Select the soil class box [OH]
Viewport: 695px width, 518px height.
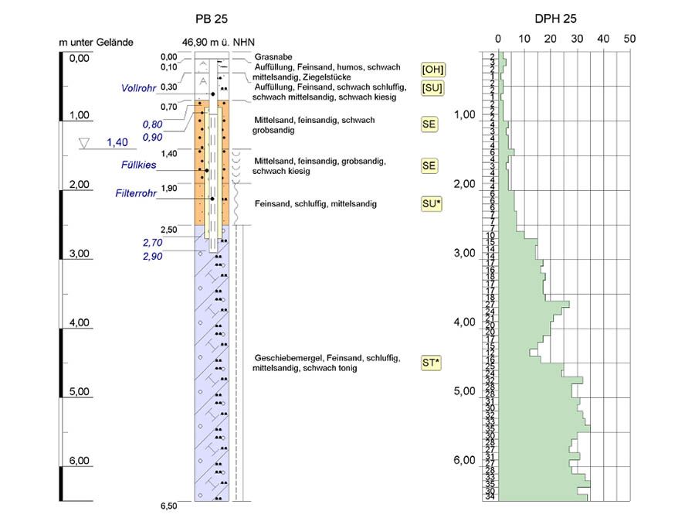[x=432, y=70]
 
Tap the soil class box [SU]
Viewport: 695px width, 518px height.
[x=432, y=88]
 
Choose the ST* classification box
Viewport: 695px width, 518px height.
[x=432, y=362]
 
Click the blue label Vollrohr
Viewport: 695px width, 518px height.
[x=139, y=89]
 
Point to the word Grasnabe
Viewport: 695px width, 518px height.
[x=272, y=57]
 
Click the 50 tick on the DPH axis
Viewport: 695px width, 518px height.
[x=629, y=38]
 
